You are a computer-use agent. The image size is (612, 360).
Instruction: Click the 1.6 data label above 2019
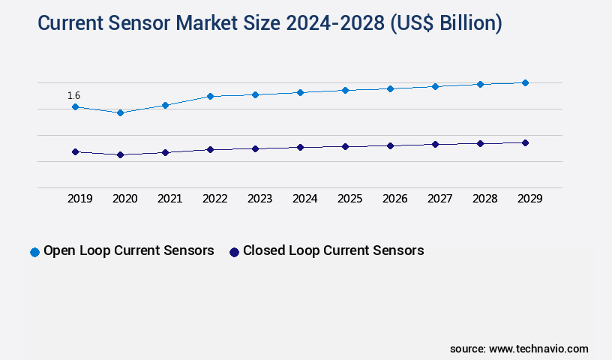coord(73,95)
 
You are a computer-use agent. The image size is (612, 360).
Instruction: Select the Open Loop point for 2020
coord(120,112)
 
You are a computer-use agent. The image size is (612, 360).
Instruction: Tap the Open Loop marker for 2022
coord(210,96)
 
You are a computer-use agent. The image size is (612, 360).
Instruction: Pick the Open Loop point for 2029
coord(525,82)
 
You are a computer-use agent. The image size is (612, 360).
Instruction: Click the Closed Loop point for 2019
coord(75,151)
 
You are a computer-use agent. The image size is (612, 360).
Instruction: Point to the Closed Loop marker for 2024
coord(300,147)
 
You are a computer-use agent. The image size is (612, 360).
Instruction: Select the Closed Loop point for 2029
coord(525,142)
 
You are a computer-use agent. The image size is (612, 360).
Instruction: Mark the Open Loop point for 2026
coord(390,88)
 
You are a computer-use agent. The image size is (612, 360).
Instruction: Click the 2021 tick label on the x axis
coord(169,199)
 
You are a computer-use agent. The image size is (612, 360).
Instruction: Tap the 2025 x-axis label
coord(349,199)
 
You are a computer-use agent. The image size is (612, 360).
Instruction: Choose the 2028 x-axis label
coord(484,199)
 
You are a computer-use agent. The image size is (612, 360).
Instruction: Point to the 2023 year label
coord(259,199)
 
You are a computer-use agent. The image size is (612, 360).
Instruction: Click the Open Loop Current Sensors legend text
coord(129,250)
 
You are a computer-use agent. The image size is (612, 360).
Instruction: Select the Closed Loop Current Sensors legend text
coord(333,250)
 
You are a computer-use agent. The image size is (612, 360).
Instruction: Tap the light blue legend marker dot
coord(34,252)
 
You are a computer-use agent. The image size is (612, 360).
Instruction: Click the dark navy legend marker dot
coord(234,252)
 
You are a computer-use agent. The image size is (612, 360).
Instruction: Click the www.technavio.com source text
coord(538,349)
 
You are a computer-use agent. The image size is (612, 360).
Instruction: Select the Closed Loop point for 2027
coord(435,144)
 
